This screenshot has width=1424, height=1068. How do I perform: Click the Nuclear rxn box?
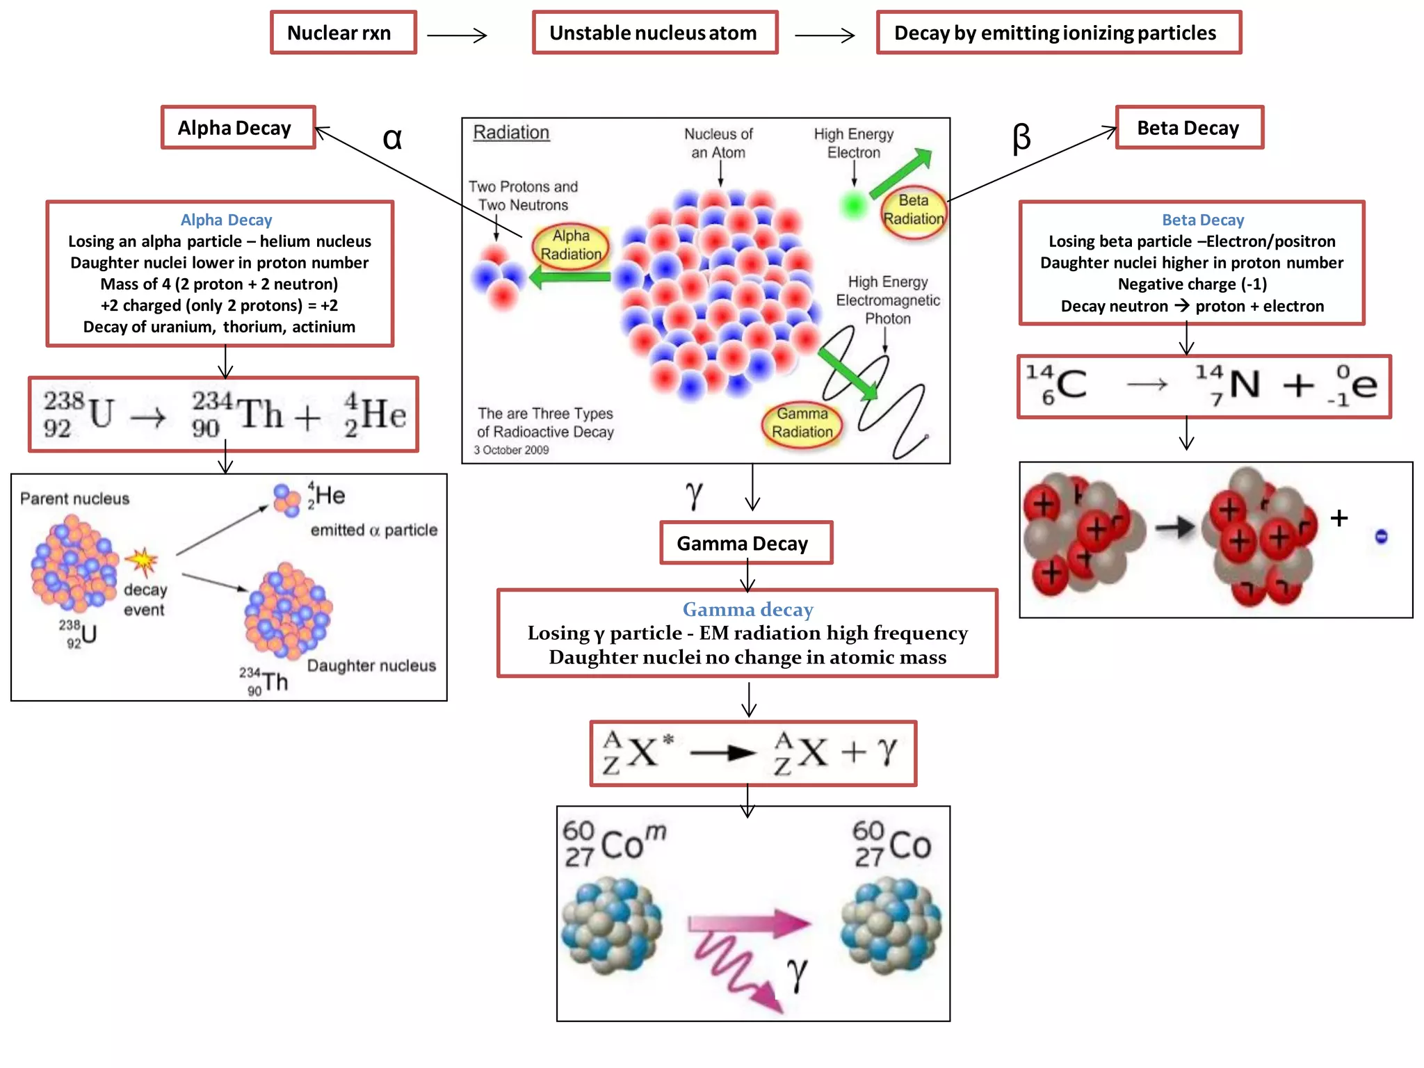(x=343, y=33)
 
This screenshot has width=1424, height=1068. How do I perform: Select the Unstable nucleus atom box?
(x=654, y=33)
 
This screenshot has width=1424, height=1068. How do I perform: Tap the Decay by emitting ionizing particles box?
(x=1058, y=33)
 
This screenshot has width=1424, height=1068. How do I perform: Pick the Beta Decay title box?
(x=1189, y=128)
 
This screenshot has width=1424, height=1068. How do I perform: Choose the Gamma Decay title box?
(x=745, y=543)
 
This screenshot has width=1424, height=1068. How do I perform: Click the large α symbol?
(x=392, y=138)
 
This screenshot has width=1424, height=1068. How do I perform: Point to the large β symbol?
(x=1021, y=138)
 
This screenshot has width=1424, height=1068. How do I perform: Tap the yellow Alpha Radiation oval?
(x=571, y=245)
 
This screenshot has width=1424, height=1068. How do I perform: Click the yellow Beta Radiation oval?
(x=913, y=211)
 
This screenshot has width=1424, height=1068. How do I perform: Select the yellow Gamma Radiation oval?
(x=802, y=423)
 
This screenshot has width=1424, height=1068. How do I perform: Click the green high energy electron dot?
(x=853, y=205)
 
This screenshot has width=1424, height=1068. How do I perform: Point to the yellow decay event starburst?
(x=143, y=561)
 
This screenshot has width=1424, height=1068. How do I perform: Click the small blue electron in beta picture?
(x=1381, y=536)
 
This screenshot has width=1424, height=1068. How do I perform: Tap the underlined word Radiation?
(x=511, y=132)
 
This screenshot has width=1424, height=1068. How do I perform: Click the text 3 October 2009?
(x=511, y=451)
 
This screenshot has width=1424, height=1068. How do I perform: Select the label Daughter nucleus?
(x=371, y=665)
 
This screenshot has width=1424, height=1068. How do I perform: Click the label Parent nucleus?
(x=74, y=499)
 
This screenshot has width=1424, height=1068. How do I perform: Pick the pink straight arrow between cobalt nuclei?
(x=750, y=923)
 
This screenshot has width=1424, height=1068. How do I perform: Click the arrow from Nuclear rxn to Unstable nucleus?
(x=457, y=35)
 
